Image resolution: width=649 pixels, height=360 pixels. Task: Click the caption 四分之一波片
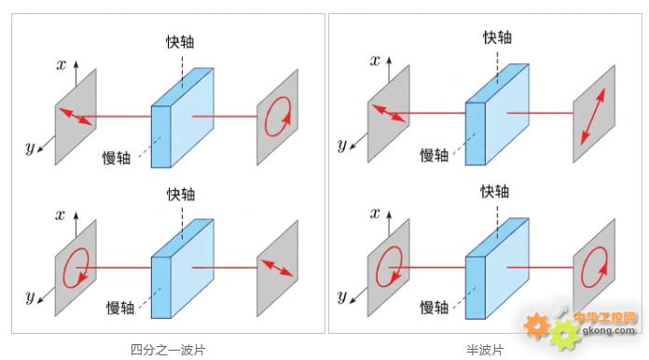(x=168, y=350)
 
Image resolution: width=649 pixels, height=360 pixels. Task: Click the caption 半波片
(x=485, y=350)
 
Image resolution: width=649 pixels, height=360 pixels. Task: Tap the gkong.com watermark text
(x=608, y=330)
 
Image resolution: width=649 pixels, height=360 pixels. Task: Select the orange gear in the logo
(x=536, y=325)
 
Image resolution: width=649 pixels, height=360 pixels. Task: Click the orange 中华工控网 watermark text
(x=605, y=317)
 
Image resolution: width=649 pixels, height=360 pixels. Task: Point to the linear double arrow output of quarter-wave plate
(x=277, y=269)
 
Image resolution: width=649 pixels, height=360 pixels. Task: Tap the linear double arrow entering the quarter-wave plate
(x=76, y=117)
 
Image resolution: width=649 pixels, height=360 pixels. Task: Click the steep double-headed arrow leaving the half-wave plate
(x=593, y=117)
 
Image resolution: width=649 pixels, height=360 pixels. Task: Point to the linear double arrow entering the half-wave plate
(x=389, y=114)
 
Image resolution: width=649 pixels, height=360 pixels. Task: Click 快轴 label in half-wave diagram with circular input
(x=494, y=191)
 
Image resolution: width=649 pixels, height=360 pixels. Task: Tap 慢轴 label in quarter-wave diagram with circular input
(x=120, y=308)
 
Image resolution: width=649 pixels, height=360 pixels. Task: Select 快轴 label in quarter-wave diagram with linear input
(x=180, y=42)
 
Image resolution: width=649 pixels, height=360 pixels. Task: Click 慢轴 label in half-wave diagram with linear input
(x=435, y=155)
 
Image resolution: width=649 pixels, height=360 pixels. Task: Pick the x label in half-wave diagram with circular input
(x=375, y=214)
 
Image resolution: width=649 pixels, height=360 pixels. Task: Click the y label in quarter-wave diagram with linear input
(x=30, y=147)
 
